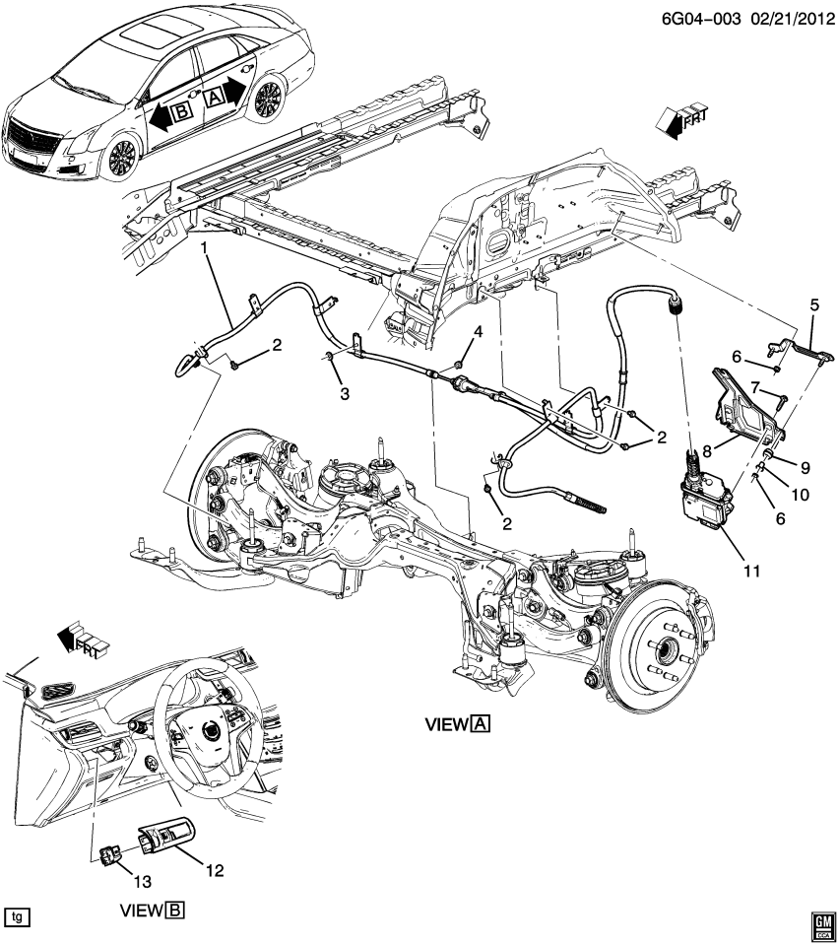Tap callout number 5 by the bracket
[x=813, y=305]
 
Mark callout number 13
[x=116, y=878]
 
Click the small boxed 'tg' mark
[x=17, y=916]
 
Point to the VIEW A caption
[x=457, y=725]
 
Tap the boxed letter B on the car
[x=181, y=113]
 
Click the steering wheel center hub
[x=211, y=730]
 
